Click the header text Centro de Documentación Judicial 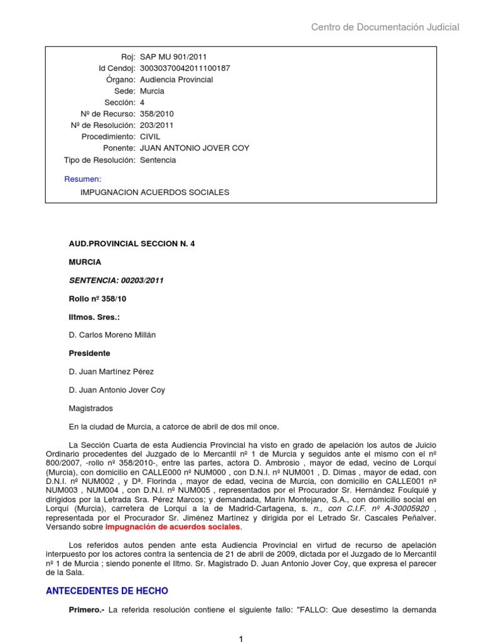(385, 27)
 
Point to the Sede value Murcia (152, 91)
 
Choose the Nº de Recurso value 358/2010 (157, 114)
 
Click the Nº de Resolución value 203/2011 (157, 125)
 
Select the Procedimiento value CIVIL (151, 137)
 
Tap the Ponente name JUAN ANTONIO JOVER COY (195, 148)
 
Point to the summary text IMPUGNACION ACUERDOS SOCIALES (154, 192)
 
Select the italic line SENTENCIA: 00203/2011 (116, 280)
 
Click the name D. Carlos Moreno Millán (112, 335)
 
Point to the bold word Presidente (89, 353)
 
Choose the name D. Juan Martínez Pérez (111, 372)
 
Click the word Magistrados (90, 408)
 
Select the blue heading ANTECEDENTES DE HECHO (107, 590)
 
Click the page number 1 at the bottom (240, 638)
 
